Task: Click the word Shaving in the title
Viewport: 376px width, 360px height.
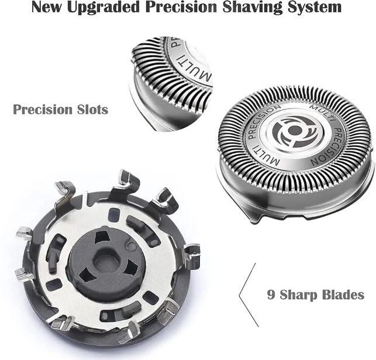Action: coord(252,8)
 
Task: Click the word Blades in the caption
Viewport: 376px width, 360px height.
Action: coord(343,294)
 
